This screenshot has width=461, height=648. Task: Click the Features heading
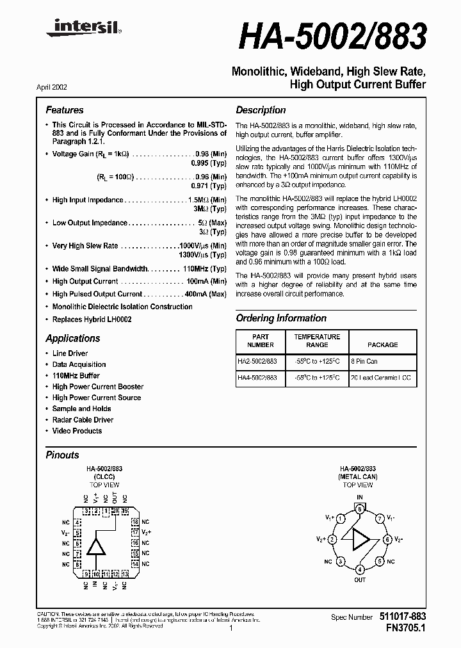pyautogui.click(x=64, y=110)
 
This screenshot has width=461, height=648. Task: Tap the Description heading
pyautogui.click(x=261, y=110)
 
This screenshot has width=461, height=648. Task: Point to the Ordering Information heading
pyautogui.click(x=281, y=318)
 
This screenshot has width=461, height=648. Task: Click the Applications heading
pyautogui.click(x=72, y=338)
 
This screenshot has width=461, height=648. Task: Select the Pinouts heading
pyautogui.click(x=62, y=455)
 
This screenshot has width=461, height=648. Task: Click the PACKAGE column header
pyautogui.click(x=382, y=344)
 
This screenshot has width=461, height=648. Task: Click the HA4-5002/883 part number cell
pyautogui.click(x=258, y=378)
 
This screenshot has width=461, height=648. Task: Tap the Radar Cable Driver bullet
pyautogui.click(x=83, y=420)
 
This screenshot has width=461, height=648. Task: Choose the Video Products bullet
pyautogui.click(x=77, y=431)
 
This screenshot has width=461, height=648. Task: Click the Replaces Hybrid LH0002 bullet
pyautogui.click(x=92, y=319)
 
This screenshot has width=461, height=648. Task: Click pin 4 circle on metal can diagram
pyautogui.click(x=360, y=569)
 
